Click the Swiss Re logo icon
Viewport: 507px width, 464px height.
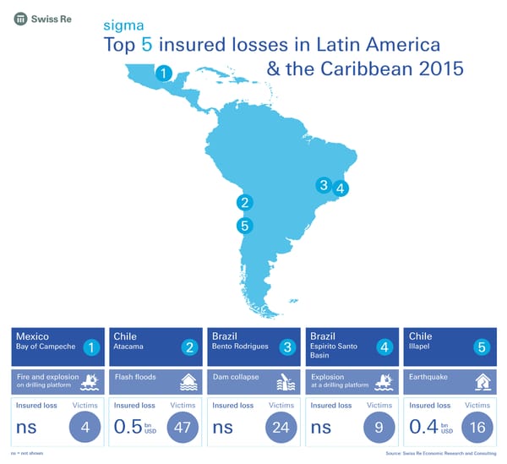(x=19, y=19)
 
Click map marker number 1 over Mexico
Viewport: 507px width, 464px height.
(x=165, y=74)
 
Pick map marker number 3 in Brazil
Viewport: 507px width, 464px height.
(x=323, y=185)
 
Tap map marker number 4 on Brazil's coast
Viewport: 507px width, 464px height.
(x=340, y=189)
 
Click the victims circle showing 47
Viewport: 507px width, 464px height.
(x=182, y=427)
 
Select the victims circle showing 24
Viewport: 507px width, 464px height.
(x=281, y=427)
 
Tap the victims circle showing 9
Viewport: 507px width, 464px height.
(x=379, y=427)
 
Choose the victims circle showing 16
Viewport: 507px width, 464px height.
(x=477, y=427)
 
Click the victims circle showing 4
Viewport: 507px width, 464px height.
(x=84, y=427)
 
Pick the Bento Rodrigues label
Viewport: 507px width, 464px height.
(x=240, y=347)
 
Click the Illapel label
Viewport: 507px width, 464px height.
(x=419, y=347)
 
